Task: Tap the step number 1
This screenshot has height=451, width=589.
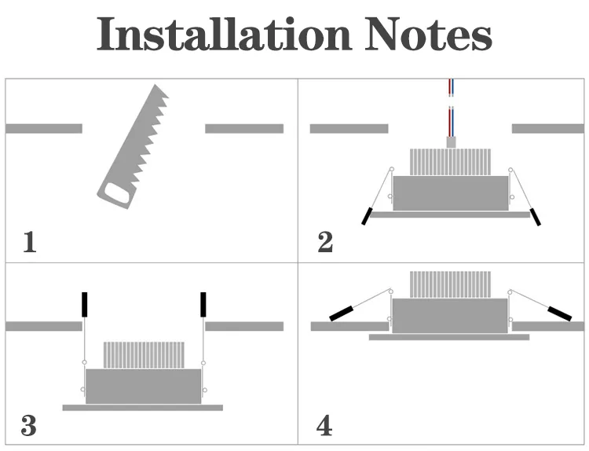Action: [30, 242]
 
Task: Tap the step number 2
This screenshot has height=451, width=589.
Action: [325, 242]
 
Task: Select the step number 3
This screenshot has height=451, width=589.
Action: [29, 426]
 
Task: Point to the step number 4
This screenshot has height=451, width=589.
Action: [324, 426]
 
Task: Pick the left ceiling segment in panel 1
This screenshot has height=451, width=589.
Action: [44, 128]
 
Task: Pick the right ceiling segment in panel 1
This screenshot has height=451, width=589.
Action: [244, 128]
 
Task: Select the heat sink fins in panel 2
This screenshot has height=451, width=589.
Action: [450, 162]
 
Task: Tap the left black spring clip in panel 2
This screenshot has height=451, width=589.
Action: [366, 217]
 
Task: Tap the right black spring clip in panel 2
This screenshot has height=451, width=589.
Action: [536, 217]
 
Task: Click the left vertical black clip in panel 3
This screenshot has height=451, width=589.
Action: [85, 304]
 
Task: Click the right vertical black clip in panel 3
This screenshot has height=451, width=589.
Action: [203, 304]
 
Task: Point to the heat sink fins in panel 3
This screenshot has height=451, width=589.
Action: [144, 355]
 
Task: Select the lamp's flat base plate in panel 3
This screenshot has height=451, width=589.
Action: [143, 408]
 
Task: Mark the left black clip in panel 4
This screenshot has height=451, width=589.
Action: [342, 314]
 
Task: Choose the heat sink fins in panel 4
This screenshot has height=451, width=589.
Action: [450, 284]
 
